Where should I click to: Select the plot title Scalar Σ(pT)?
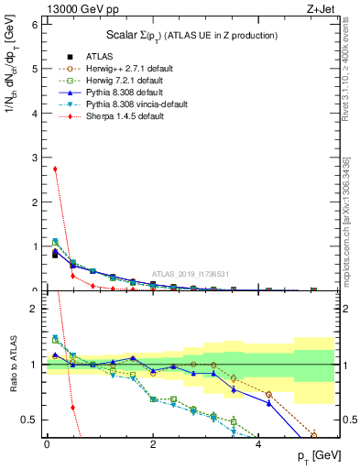pos(191,35)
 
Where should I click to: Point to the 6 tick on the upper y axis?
pos(34,25)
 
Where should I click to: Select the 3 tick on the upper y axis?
pos(34,158)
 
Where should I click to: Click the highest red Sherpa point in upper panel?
pos(55,169)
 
